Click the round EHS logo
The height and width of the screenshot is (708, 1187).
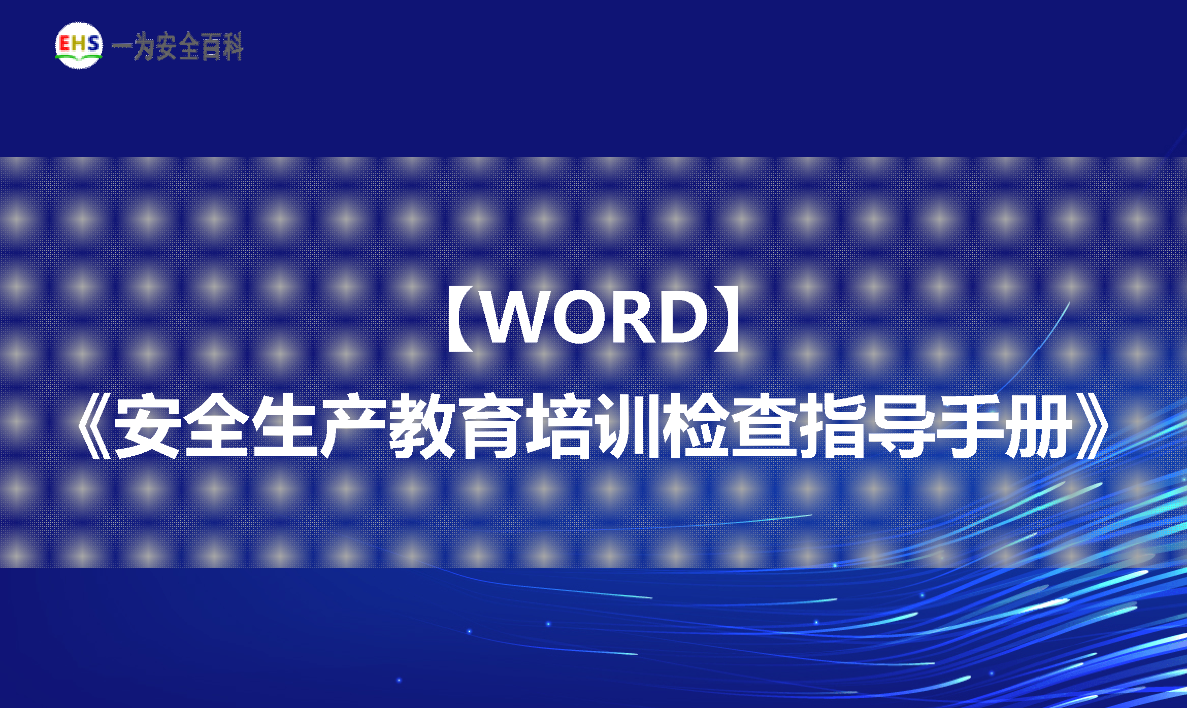pyautogui.click(x=79, y=45)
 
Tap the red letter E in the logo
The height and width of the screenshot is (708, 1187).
pyautogui.click(x=65, y=44)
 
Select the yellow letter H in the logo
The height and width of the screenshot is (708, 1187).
pyautogui.click(x=79, y=44)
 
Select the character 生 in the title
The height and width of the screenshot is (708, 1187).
pyautogui.click(x=284, y=426)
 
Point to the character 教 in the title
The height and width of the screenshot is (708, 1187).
pyautogui.click(x=421, y=426)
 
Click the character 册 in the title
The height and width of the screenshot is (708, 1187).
pyautogui.click(x=1038, y=426)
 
